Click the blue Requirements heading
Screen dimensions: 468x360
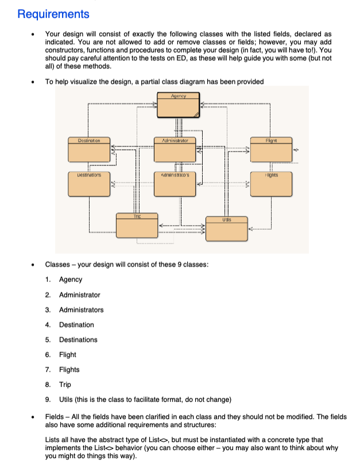[53, 14]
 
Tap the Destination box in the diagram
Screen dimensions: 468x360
[88, 150]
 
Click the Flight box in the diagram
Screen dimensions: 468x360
[271, 150]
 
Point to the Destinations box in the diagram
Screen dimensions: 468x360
[88, 183]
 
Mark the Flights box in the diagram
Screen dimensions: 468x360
[271, 183]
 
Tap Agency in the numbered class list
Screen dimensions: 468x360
[71, 280]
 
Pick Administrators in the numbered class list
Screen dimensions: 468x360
[81, 310]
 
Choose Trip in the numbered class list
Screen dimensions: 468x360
[65, 384]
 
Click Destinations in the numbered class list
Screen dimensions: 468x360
[78, 339]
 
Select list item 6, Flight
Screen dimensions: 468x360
[67, 354]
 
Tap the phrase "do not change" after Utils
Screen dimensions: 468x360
[210, 399]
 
